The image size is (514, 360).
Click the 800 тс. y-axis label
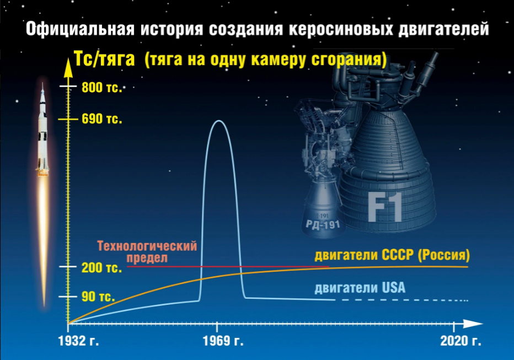click(101, 88)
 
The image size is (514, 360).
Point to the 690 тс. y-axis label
click(101, 119)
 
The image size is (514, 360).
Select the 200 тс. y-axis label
click(101, 267)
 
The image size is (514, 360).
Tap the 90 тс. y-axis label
click(98, 297)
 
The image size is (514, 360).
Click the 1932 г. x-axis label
click(79, 341)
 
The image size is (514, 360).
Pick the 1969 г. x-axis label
click(223, 341)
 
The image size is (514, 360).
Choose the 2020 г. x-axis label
click(461, 341)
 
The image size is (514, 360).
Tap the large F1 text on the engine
click(385, 207)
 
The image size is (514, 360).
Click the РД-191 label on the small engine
click(323, 225)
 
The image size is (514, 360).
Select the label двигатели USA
click(360, 288)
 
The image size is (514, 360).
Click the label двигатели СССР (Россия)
click(392, 255)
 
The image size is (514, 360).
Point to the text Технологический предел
click(147, 251)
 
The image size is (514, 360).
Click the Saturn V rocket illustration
click(42, 130)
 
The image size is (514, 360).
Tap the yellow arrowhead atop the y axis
click(68, 67)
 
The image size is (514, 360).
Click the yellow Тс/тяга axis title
click(104, 59)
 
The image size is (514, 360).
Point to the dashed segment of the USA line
click(404, 300)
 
